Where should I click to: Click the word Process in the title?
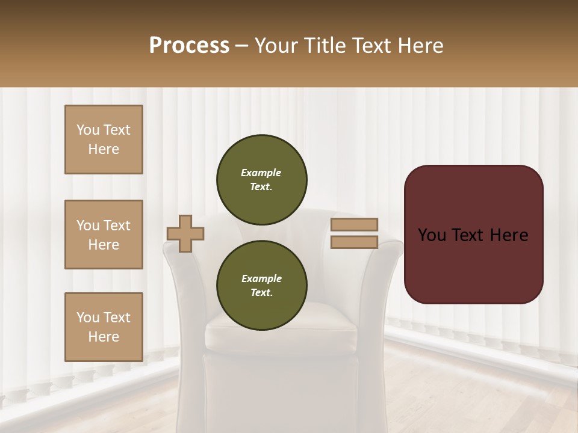189,46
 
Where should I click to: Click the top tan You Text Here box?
104,140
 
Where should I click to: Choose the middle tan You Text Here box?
104,235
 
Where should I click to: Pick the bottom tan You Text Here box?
104,327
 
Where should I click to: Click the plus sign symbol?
185,233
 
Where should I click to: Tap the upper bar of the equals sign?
355,224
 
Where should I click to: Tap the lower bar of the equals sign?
355,242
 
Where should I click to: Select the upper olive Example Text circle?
262,180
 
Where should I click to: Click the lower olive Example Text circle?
262,286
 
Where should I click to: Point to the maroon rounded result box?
473,265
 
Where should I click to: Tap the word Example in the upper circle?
261,173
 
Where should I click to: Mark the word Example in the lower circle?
261,278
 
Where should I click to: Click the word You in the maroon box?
432,235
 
